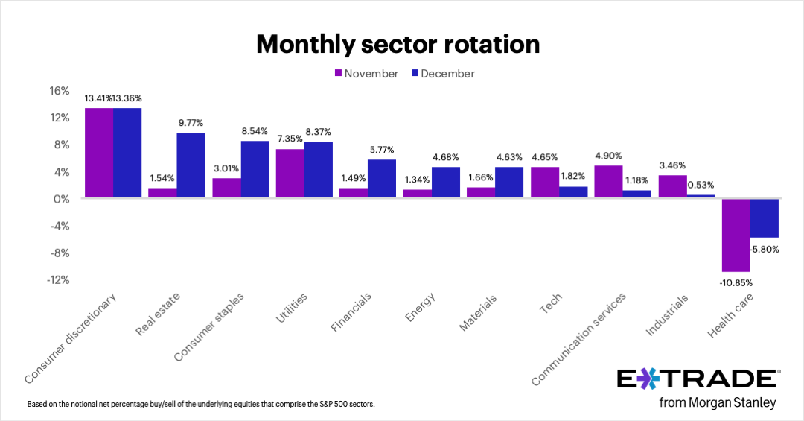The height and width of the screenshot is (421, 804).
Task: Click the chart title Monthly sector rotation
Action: pyautogui.click(x=398, y=45)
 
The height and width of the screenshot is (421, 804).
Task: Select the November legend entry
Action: pyautogui.click(x=366, y=74)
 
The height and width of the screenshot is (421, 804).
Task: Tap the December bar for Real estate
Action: pyautogui.click(x=191, y=165)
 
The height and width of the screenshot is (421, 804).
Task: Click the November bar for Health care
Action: pyautogui.click(x=735, y=235)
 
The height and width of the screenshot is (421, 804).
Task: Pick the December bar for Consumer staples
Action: pyautogui.click(x=255, y=169)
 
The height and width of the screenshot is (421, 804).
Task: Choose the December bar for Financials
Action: pyautogui.click(x=382, y=179)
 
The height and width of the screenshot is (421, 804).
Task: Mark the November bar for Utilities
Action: pyautogui.click(x=290, y=174)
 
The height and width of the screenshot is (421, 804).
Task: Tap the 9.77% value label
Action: pyautogui.click(x=191, y=122)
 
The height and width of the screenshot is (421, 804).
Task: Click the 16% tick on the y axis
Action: pyautogui.click(x=59, y=91)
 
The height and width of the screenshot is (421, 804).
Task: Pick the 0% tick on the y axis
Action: pyautogui.click(x=62, y=199)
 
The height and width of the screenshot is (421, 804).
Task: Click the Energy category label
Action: pyautogui.click(x=420, y=307)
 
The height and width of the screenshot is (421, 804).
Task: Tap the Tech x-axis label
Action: pyautogui.click(x=551, y=303)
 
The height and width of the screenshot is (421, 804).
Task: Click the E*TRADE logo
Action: pyautogui.click(x=697, y=379)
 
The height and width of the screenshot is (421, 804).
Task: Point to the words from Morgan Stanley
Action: pyautogui.click(x=718, y=403)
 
